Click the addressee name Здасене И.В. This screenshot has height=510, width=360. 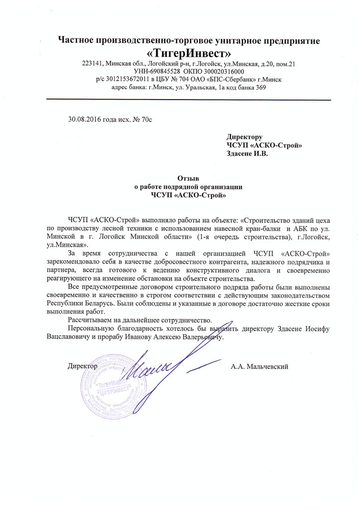(247, 154)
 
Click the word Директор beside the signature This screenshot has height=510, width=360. (82, 367)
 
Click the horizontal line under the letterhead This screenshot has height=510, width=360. (188, 100)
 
